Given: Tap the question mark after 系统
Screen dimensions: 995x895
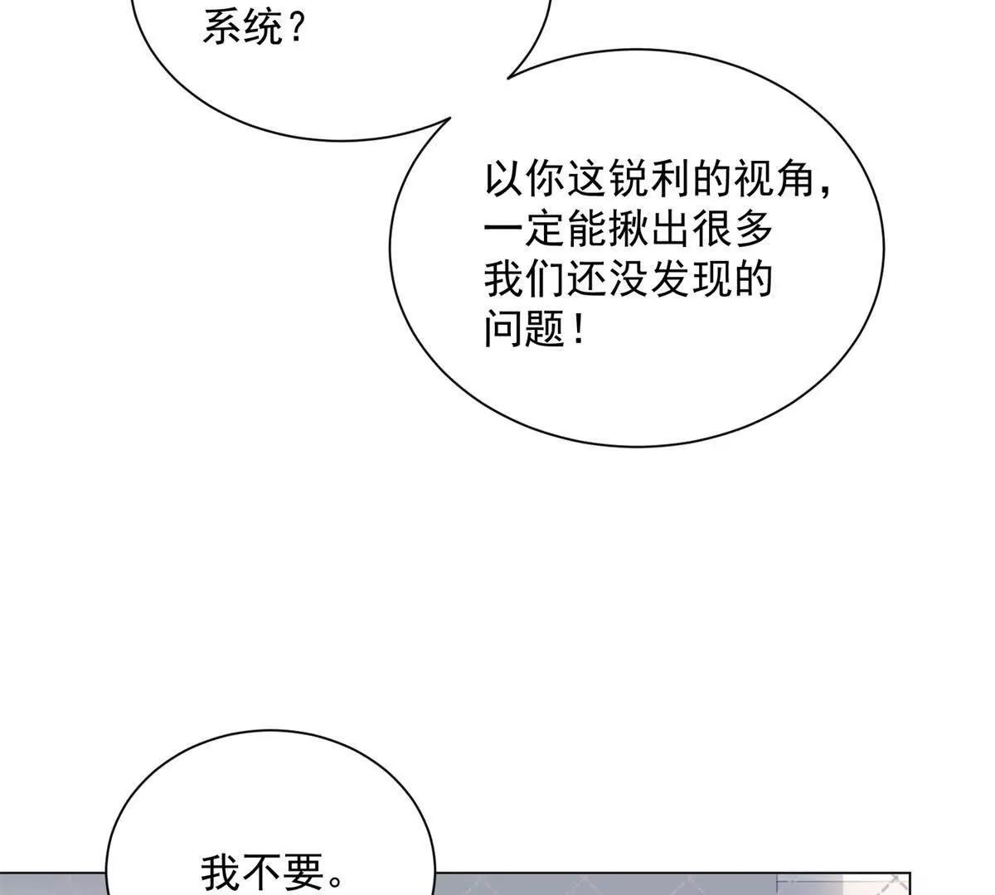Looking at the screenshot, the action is coord(296,28).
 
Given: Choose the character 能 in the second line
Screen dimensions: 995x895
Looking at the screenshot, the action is coord(587,229).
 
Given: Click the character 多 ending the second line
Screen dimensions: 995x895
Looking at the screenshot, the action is coord(754,229).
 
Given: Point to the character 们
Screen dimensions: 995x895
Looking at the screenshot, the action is coord(545,278).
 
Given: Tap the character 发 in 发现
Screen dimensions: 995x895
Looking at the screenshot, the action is coord(670,278).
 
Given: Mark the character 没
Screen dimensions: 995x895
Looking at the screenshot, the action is coord(629,278).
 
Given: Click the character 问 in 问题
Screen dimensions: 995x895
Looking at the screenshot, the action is coord(503,328).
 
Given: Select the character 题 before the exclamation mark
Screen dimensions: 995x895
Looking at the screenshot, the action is coord(545,328).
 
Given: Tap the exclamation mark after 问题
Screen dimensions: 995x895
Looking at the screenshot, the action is coord(578,328).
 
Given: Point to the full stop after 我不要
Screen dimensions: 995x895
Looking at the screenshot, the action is coord(335,882).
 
